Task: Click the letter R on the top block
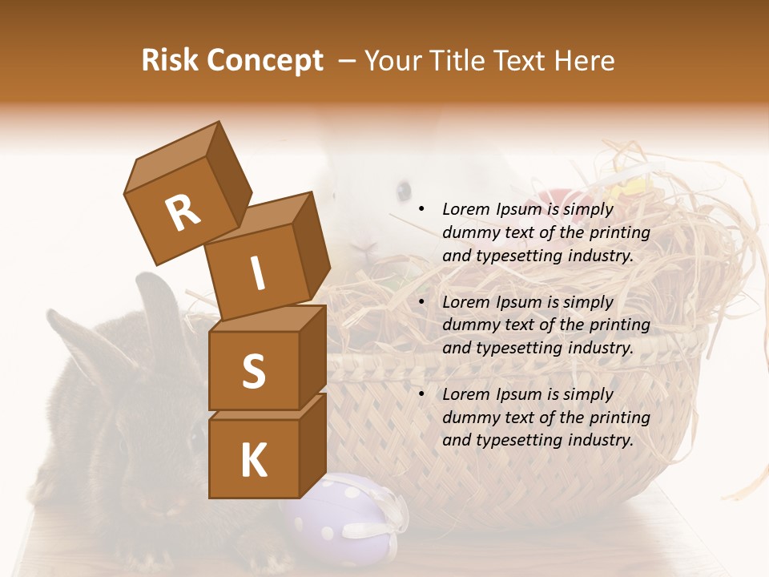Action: pos(183,212)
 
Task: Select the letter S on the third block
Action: pos(253,371)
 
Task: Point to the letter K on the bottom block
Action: pos(253,460)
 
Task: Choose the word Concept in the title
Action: pos(264,62)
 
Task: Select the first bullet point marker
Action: pos(421,209)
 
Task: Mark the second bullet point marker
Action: pos(421,302)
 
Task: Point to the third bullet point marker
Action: pos(421,394)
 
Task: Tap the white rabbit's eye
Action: pos(404,191)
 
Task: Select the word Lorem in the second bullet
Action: pos(466,302)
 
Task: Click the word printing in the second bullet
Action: pos(619,325)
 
